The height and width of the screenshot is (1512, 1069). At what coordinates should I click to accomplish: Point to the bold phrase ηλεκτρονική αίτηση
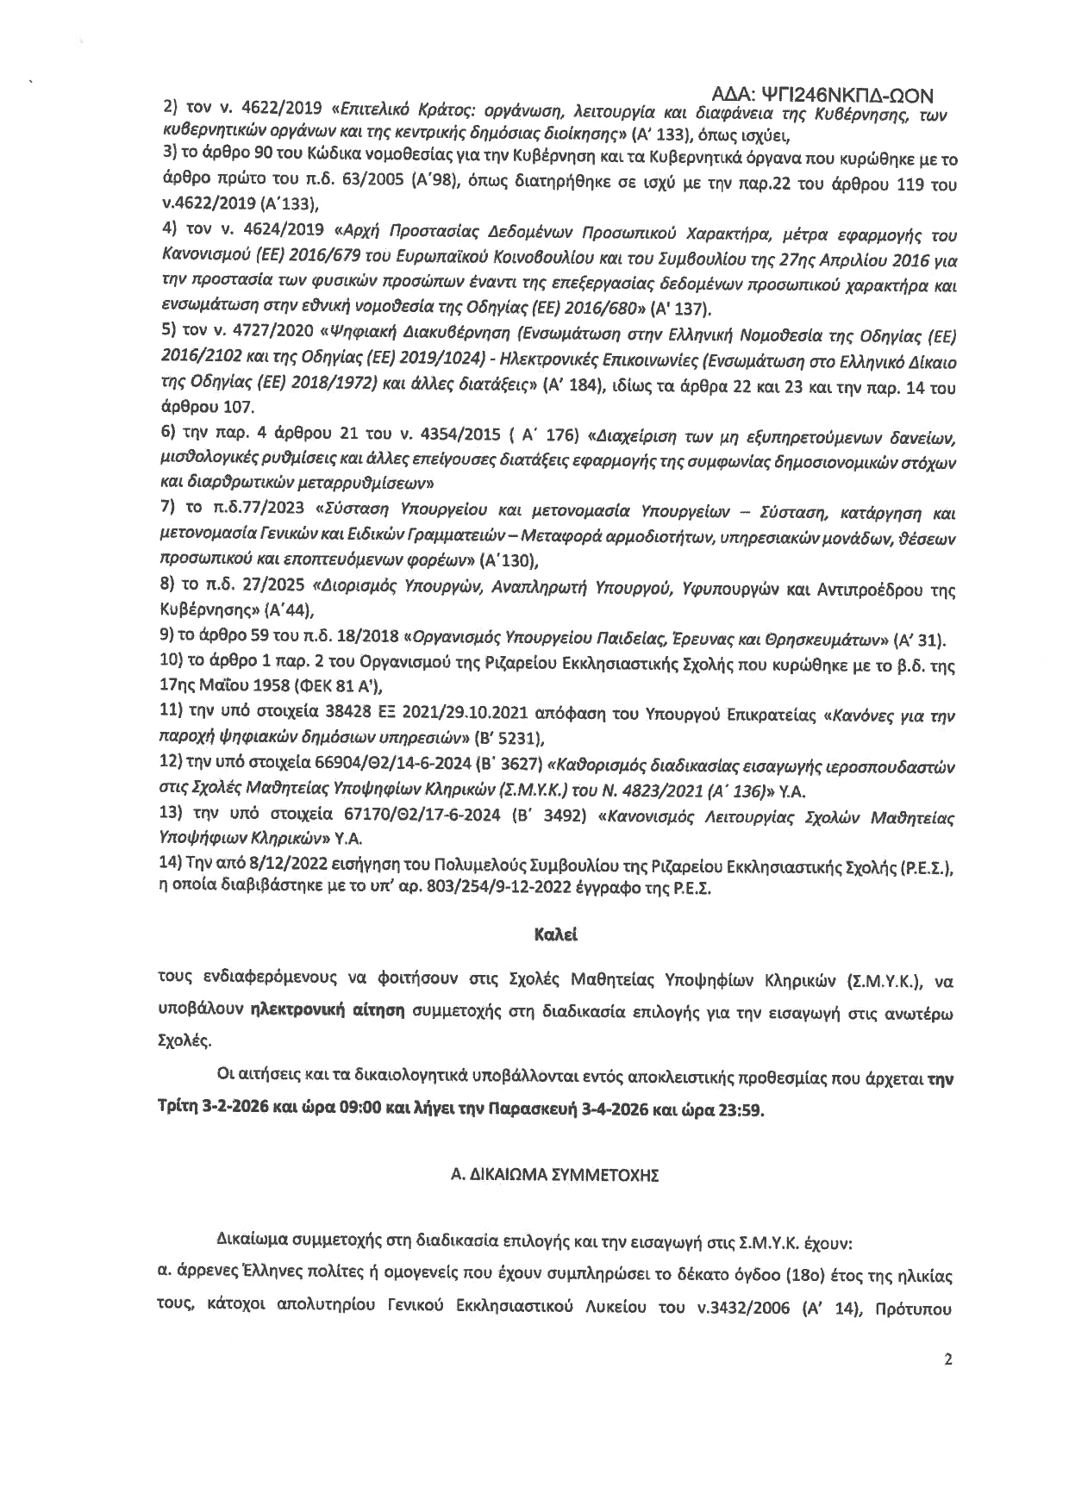point(328,1009)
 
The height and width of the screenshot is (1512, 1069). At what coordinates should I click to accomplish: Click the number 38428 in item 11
point(309,716)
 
